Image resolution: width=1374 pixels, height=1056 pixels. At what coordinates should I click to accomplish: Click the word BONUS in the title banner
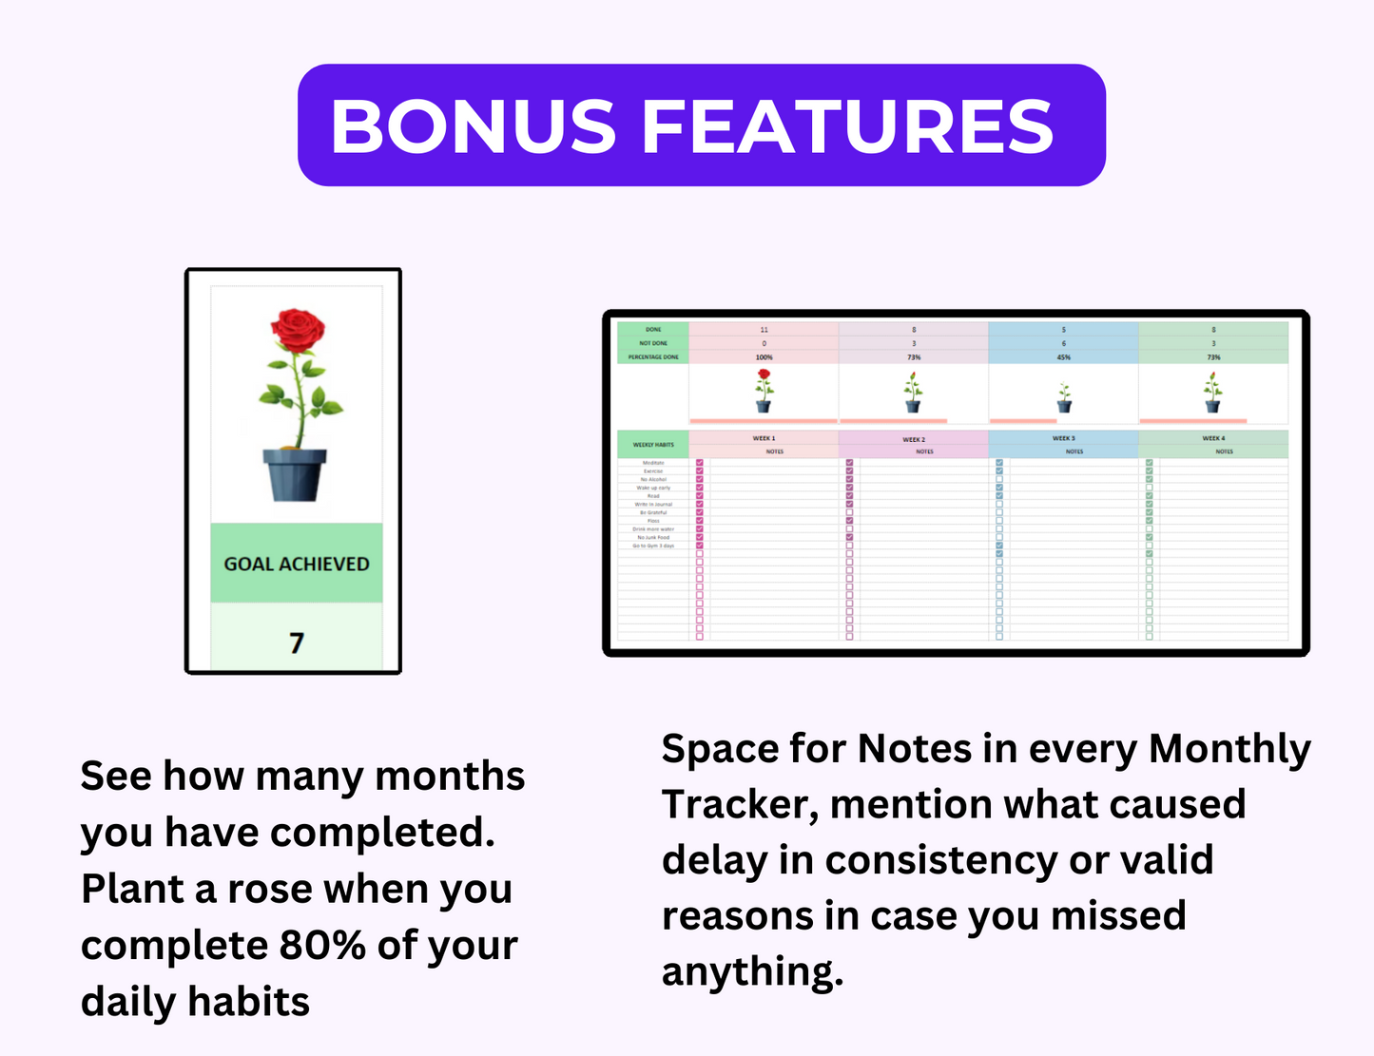click(473, 126)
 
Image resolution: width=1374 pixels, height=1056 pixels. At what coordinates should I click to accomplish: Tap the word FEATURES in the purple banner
click(847, 126)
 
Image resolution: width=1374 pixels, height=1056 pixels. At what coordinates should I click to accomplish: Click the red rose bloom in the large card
click(297, 330)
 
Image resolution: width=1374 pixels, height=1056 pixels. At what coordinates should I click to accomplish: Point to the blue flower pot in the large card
click(295, 474)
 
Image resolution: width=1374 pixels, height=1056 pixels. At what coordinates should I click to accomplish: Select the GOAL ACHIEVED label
click(297, 564)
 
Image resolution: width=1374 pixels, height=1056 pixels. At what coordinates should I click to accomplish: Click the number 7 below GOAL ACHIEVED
click(297, 643)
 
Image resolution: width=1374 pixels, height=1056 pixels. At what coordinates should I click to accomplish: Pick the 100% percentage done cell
click(764, 357)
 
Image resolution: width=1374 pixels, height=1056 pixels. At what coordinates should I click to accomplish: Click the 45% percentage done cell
click(1063, 357)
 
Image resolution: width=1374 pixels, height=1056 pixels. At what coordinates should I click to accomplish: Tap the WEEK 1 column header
click(764, 438)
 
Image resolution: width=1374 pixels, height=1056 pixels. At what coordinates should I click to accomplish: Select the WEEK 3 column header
click(1063, 438)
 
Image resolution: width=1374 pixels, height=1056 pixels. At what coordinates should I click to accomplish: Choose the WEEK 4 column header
click(1212, 438)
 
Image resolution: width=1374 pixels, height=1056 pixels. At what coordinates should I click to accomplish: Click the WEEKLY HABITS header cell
click(653, 444)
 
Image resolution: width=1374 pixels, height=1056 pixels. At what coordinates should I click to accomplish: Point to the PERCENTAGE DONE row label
click(653, 357)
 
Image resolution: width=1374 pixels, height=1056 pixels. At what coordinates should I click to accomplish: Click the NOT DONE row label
click(653, 343)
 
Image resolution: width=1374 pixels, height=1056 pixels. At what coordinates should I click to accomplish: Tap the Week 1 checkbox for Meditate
click(700, 463)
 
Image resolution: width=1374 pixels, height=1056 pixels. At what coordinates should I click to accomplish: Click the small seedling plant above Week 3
click(1064, 396)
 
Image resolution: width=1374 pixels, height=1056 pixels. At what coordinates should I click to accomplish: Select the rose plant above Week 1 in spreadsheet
click(764, 391)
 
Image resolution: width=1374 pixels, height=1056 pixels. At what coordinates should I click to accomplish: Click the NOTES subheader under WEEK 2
click(924, 451)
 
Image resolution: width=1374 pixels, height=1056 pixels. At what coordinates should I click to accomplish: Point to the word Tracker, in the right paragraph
click(741, 805)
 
